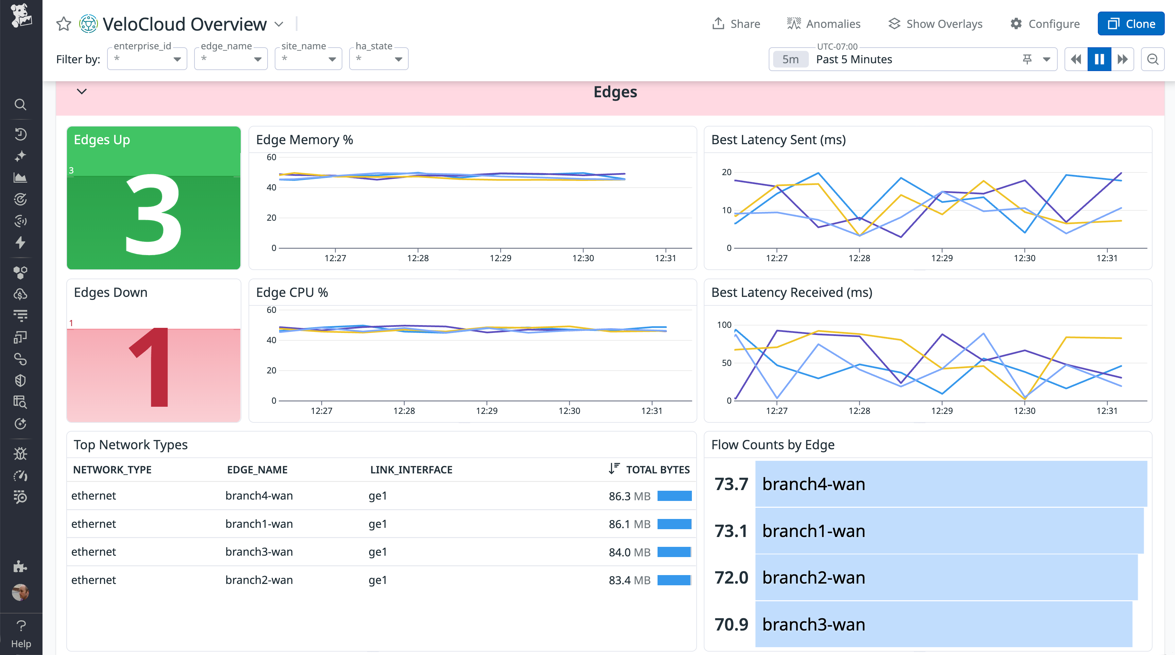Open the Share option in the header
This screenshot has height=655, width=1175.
[736, 24]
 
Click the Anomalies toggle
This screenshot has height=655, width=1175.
[823, 24]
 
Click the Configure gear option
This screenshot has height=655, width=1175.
[1044, 24]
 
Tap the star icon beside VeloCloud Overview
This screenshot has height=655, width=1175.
[63, 24]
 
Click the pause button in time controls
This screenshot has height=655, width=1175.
[1099, 59]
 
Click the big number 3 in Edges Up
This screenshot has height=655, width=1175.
[153, 214]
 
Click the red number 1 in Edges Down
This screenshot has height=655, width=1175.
[151, 367]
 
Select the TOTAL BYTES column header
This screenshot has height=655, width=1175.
[657, 469]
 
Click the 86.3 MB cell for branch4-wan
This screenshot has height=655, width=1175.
[629, 496]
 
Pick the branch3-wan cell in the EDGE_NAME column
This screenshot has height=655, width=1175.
[259, 552]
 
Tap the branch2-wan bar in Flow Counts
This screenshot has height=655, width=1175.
[946, 577]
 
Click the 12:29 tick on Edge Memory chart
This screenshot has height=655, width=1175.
[500, 258]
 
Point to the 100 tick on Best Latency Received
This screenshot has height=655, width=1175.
[724, 325]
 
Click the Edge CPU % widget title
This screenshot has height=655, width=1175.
[292, 292]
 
